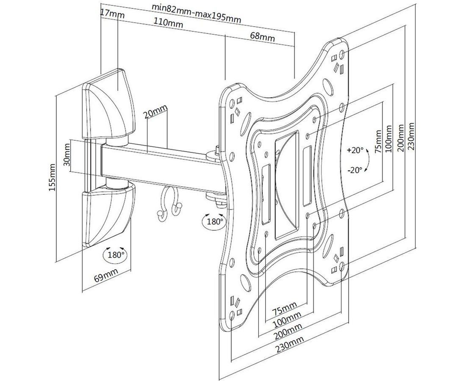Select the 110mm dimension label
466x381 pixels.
pos(168,22)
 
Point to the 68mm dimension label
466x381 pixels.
pos(262,37)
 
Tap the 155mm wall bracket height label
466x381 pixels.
pos(52,177)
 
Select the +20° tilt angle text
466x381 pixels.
pos(355,150)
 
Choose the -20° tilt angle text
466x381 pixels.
pos(355,170)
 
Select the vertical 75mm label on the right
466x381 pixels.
pos(378,141)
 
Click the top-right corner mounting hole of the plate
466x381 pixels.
pos(341,54)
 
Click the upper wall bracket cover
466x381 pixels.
pos(108,104)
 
